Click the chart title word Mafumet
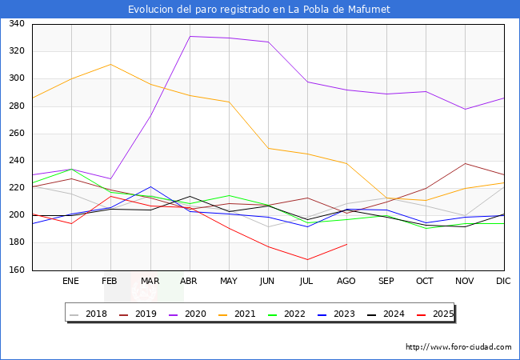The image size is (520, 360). [x=369, y=10]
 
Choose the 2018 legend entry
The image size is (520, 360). [x=89, y=314]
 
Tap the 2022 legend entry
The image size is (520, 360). [x=286, y=314]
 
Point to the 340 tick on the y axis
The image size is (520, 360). [x=17, y=23]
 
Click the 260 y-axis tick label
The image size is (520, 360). [x=17, y=134]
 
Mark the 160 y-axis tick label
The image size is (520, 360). [x=17, y=270]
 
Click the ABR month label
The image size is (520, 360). [x=189, y=281]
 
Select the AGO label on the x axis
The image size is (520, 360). [x=346, y=281]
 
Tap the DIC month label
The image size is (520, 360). [x=503, y=281]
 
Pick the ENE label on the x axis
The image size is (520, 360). [x=70, y=281]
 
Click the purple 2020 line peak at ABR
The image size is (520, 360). [x=190, y=36]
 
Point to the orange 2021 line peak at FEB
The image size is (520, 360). [x=110, y=64]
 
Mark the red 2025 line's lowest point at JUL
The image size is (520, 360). [x=307, y=259]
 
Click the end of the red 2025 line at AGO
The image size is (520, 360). [x=347, y=244]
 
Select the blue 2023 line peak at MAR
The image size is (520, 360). [x=150, y=186]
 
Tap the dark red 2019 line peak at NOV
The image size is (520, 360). [x=466, y=163]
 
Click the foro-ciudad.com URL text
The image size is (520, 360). [x=458, y=347]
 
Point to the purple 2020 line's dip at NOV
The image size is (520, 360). [x=466, y=109]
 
